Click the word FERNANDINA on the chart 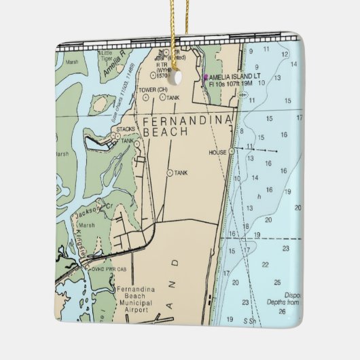coord(186,120)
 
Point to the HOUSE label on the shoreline coord(217,153)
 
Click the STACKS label coord(126,128)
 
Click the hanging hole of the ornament coord(179,77)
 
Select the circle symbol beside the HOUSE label coord(231,151)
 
